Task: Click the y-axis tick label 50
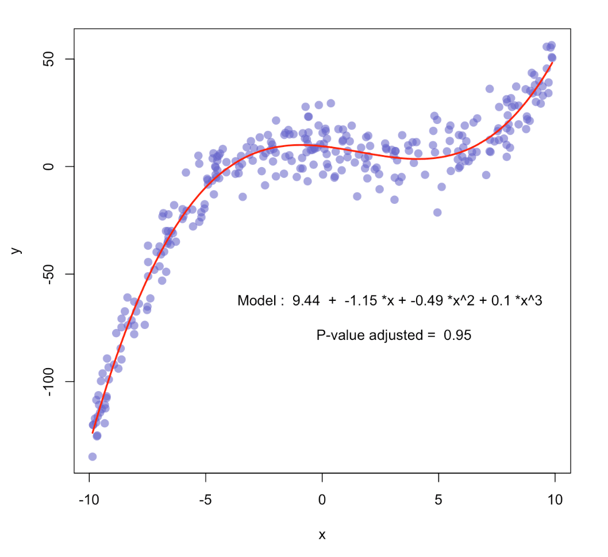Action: [x=48, y=59]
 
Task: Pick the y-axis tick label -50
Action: [x=48, y=274]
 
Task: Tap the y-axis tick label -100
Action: [x=48, y=381]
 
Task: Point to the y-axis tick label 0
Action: [x=48, y=167]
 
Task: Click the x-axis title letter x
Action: [x=322, y=535]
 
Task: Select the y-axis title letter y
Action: [x=18, y=250]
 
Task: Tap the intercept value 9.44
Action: [x=306, y=301]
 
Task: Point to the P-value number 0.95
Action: [x=457, y=335]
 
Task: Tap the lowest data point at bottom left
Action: [x=92, y=457]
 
